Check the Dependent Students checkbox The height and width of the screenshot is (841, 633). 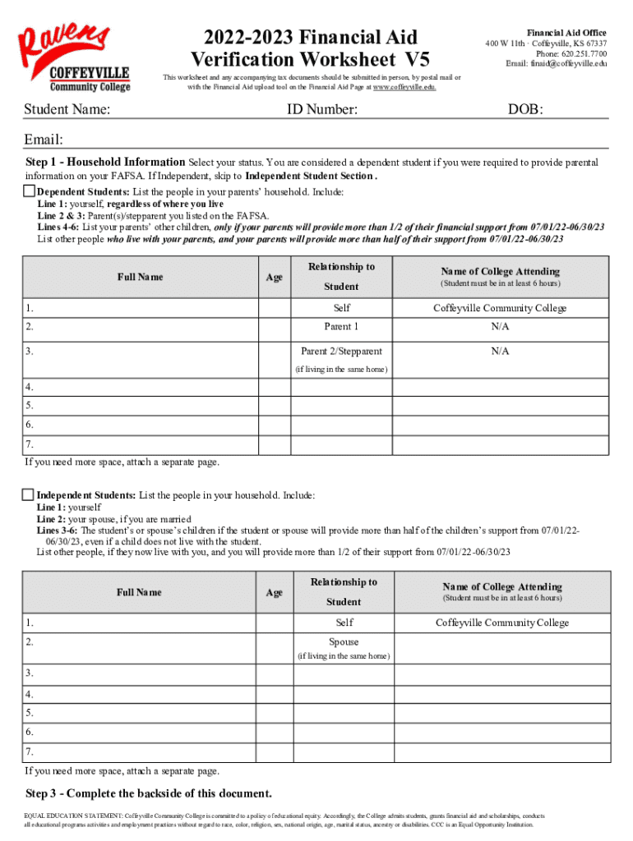click(x=28, y=191)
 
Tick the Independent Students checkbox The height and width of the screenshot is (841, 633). click(x=28, y=495)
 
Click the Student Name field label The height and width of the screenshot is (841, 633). click(x=67, y=109)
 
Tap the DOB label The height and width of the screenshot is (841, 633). click(x=525, y=109)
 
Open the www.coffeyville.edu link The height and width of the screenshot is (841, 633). click(x=404, y=86)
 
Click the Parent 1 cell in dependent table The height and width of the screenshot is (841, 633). click(x=341, y=327)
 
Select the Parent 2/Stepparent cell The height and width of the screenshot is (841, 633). click(x=341, y=351)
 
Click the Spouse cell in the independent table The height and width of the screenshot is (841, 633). click(x=344, y=641)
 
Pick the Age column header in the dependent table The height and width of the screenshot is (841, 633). click(x=275, y=277)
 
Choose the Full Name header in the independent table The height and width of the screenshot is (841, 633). click(x=140, y=592)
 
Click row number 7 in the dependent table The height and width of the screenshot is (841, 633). click(x=30, y=445)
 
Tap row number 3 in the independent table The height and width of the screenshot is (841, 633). click(x=30, y=673)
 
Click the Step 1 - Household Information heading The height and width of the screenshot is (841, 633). click(x=105, y=163)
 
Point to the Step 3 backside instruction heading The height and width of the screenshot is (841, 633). click(x=149, y=793)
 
